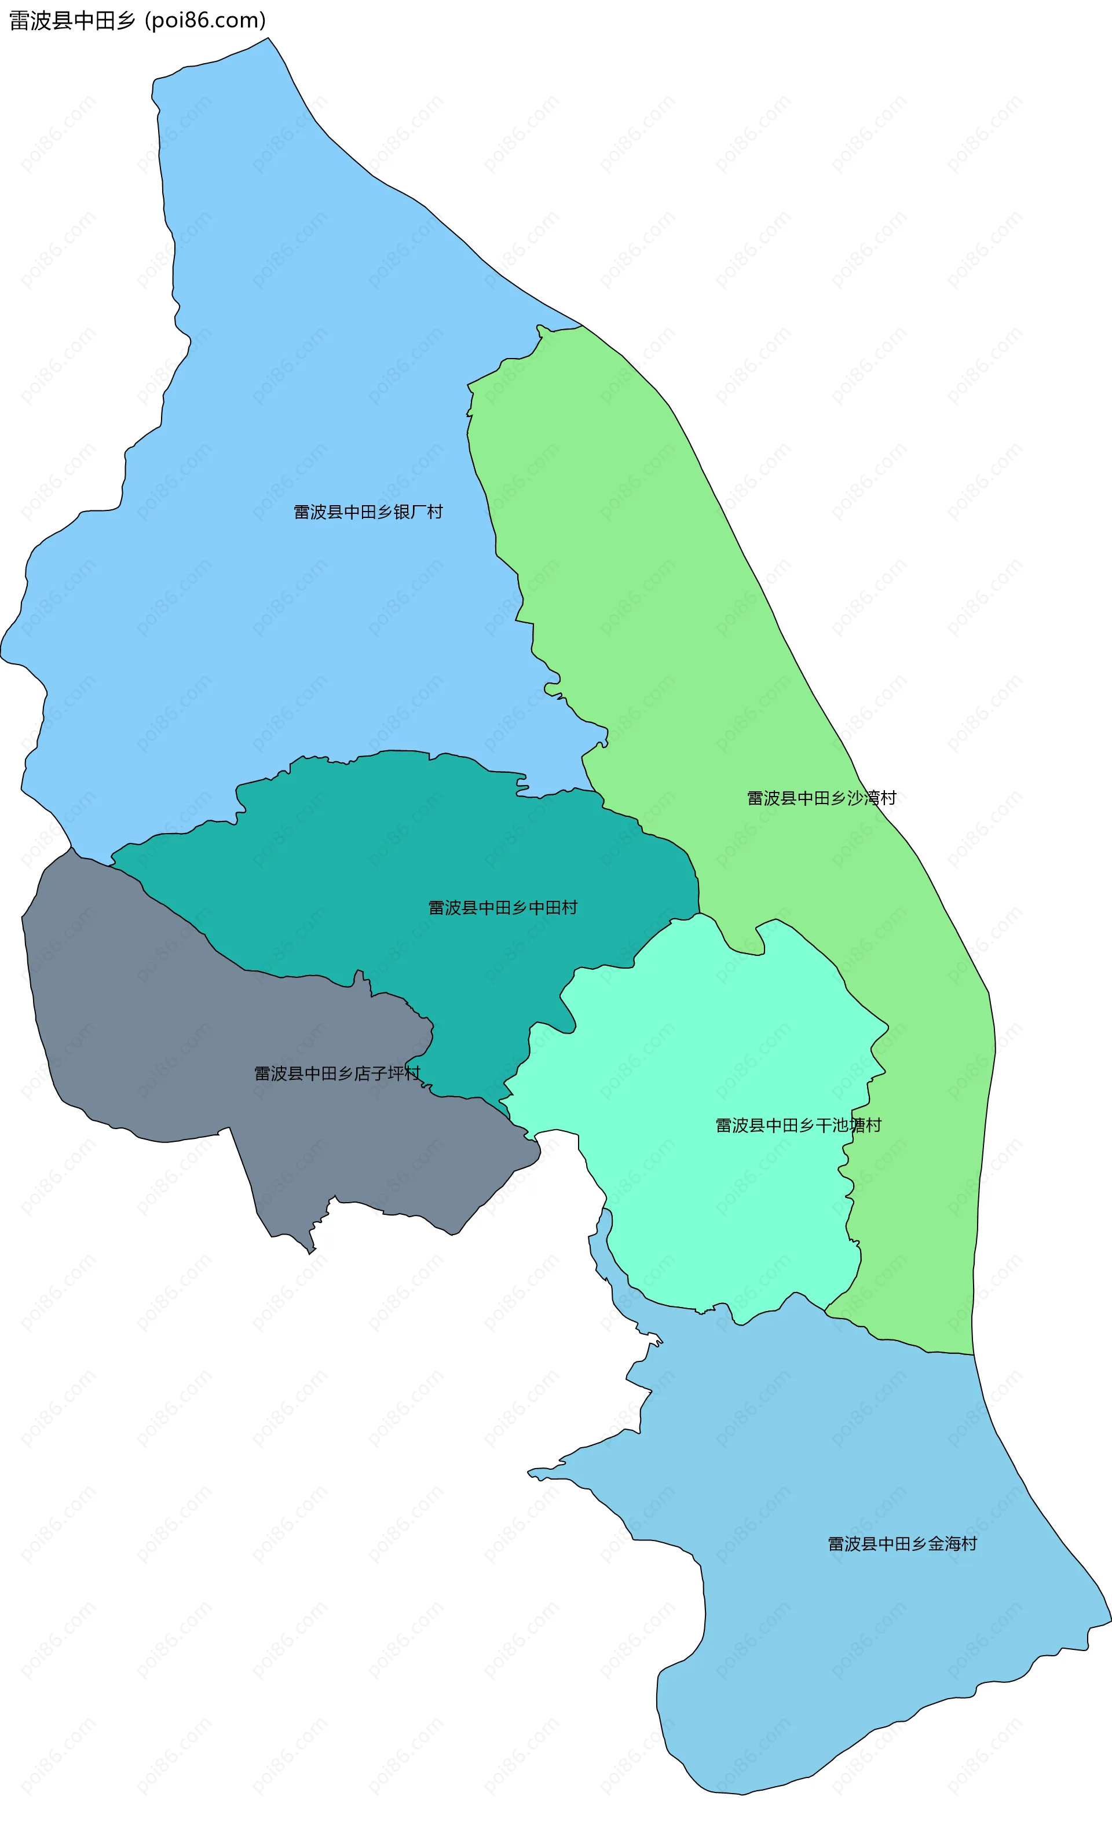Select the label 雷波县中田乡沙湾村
coord(821,798)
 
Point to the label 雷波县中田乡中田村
coord(502,908)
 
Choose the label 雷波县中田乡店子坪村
coord(337,1073)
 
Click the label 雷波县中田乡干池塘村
coord(798,1126)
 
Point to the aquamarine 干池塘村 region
coord(707,1042)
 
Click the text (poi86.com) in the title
coord(205,21)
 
